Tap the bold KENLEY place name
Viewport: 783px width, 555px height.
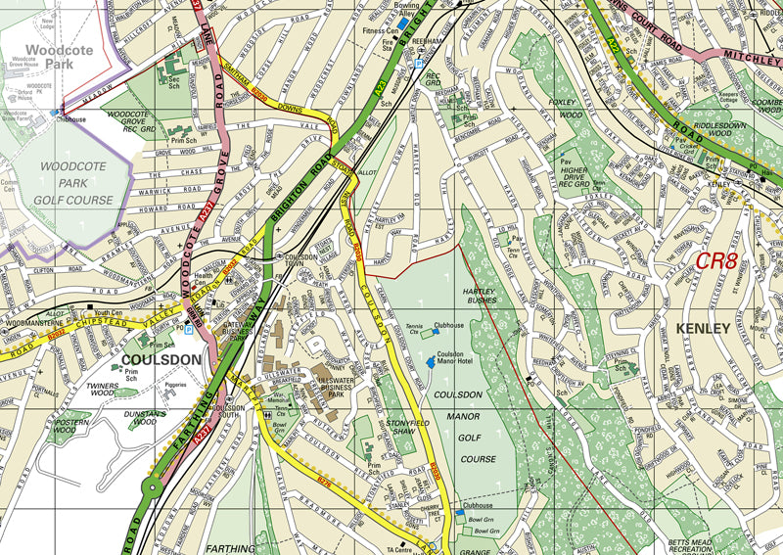703,329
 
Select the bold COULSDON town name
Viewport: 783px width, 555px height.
161,359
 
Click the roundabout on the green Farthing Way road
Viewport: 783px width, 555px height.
155,488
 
